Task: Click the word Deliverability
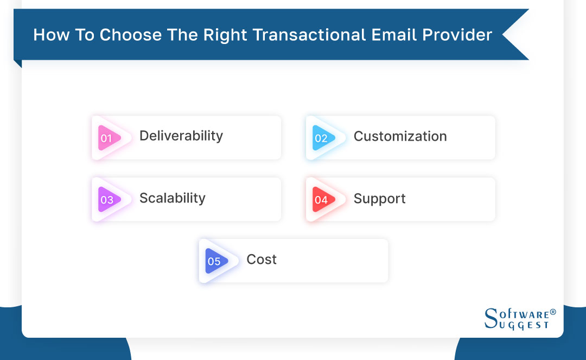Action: click(181, 136)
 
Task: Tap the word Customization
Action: click(400, 136)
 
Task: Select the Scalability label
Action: click(172, 198)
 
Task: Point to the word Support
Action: click(379, 199)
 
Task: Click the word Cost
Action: click(262, 260)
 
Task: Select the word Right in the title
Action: click(224, 35)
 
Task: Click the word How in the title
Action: click(48, 35)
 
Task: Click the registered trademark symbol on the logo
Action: click(552, 312)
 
